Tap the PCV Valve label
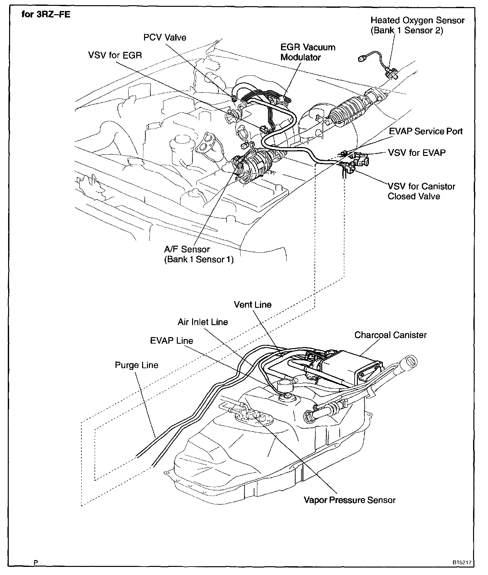pyautogui.click(x=165, y=38)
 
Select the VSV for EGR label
pyautogui.click(x=115, y=55)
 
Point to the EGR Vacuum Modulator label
pyautogui.click(x=308, y=52)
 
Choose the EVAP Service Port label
pyautogui.click(x=426, y=132)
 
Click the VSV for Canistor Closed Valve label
pyautogui.click(x=421, y=191)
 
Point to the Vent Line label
pyautogui.click(x=252, y=305)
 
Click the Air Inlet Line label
pyautogui.click(x=203, y=322)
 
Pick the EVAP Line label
pyautogui.click(x=171, y=341)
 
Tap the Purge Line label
pyautogui.click(x=136, y=365)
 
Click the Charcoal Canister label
pyautogui.click(x=390, y=335)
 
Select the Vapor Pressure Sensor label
pyautogui.click(x=349, y=500)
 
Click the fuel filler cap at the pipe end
pyautogui.click(x=410, y=361)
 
